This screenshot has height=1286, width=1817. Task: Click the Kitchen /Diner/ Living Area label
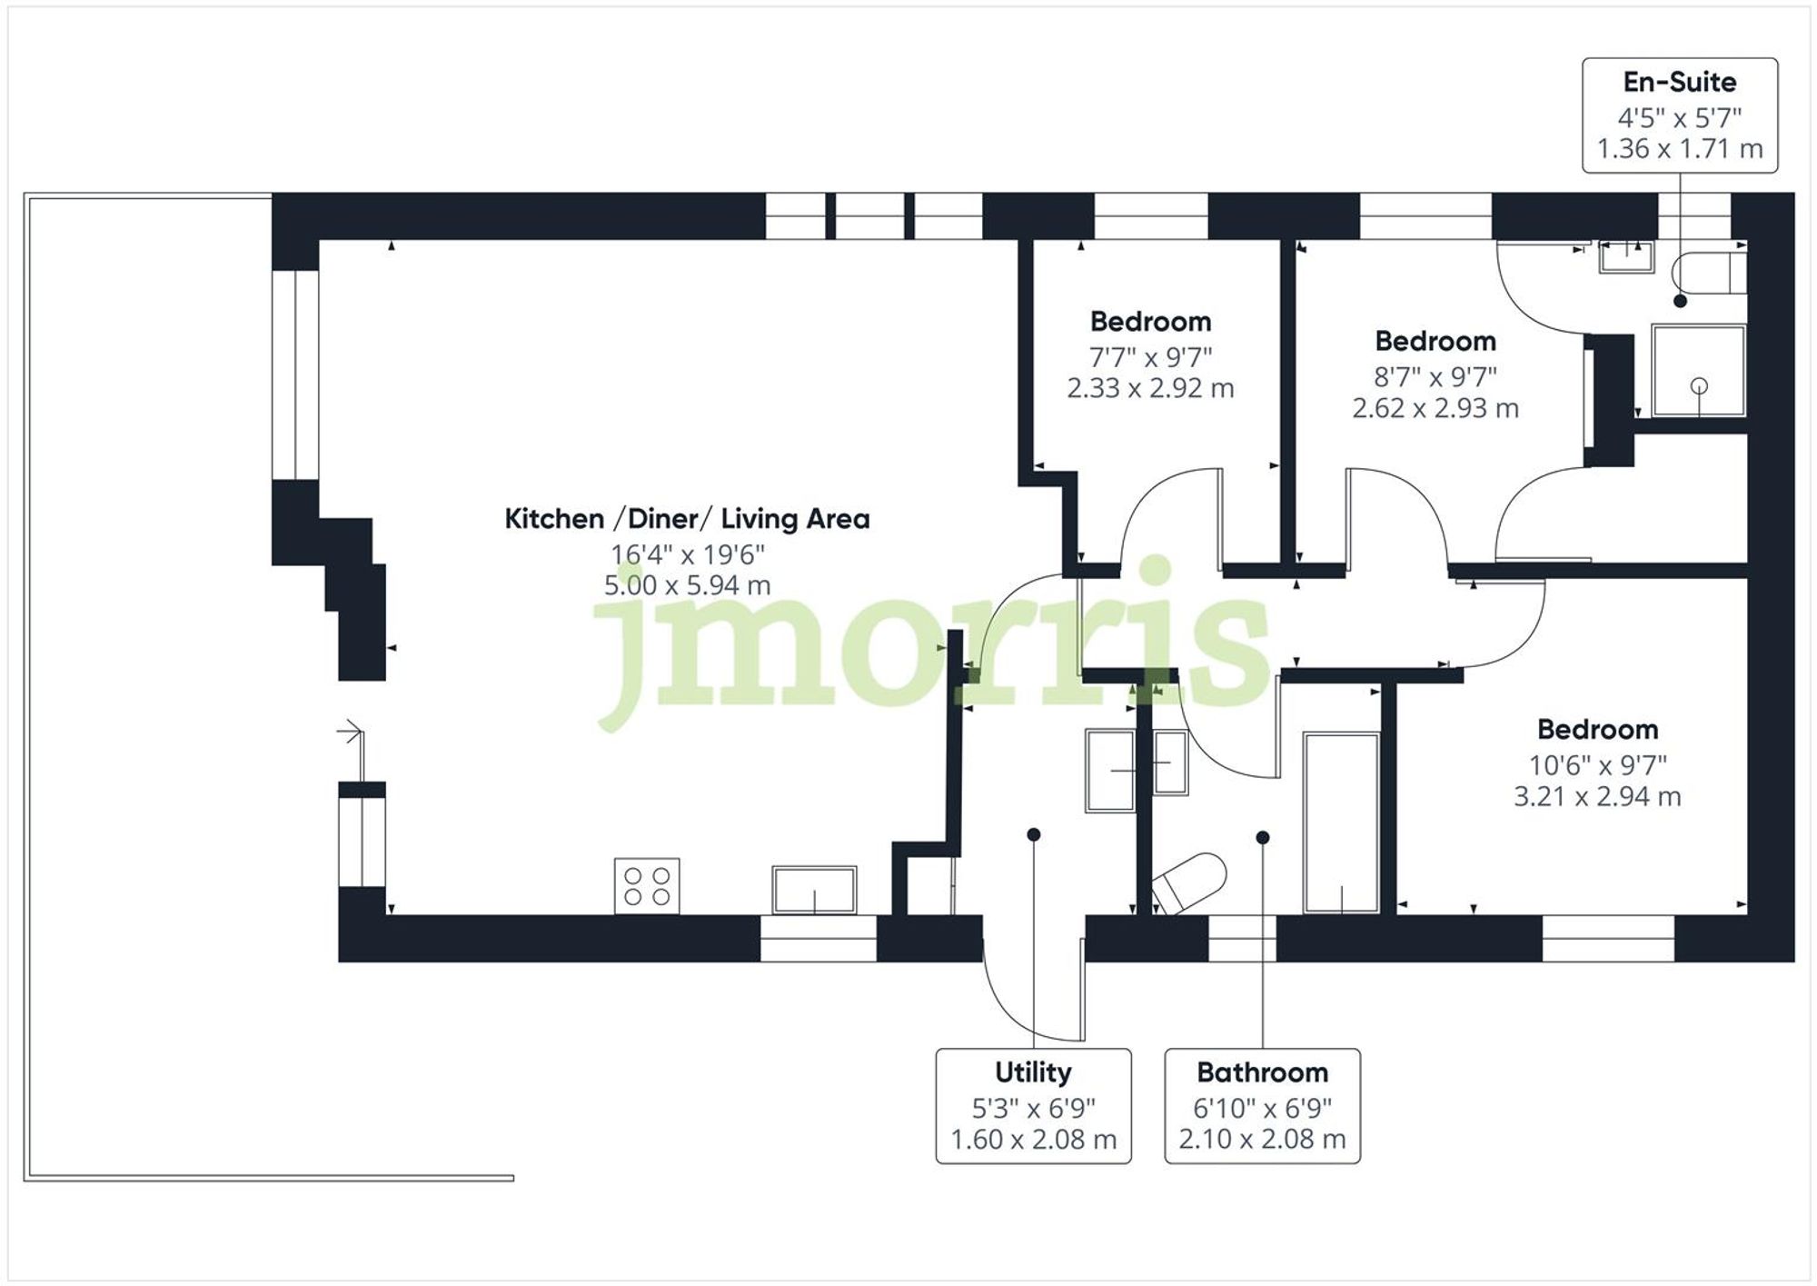pyautogui.click(x=687, y=519)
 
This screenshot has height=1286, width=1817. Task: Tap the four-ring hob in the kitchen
pyautogui.click(x=647, y=886)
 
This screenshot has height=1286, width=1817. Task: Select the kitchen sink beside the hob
pyautogui.click(x=814, y=890)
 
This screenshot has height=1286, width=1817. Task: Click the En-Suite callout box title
pyautogui.click(x=1679, y=82)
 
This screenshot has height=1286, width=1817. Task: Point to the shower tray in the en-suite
pyautogui.click(x=1698, y=370)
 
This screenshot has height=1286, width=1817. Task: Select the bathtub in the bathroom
pyautogui.click(x=1342, y=822)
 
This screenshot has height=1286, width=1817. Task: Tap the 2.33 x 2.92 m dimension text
pyautogui.click(x=1150, y=388)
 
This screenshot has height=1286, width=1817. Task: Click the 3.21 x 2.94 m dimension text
pyautogui.click(x=1596, y=797)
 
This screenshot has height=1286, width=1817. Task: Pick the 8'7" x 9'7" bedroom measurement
pyautogui.click(x=1435, y=375)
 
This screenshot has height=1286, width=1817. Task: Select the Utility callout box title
pyautogui.click(x=1033, y=1072)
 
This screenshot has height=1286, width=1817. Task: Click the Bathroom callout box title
pyautogui.click(x=1262, y=1072)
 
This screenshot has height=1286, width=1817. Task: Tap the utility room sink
pyautogui.click(x=1110, y=770)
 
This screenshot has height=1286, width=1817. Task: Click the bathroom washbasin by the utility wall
pyautogui.click(x=1170, y=763)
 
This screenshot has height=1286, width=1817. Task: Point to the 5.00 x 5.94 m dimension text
pyautogui.click(x=687, y=585)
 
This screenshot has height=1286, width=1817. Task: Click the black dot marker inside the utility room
pyautogui.click(x=1033, y=834)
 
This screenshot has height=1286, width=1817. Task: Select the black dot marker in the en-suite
pyautogui.click(x=1680, y=301)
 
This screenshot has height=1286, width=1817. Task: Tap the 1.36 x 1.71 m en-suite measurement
pyautogui.click(x=1679, y=148)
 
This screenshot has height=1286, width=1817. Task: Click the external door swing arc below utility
pyautogui.click(x=1018, y=1009)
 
